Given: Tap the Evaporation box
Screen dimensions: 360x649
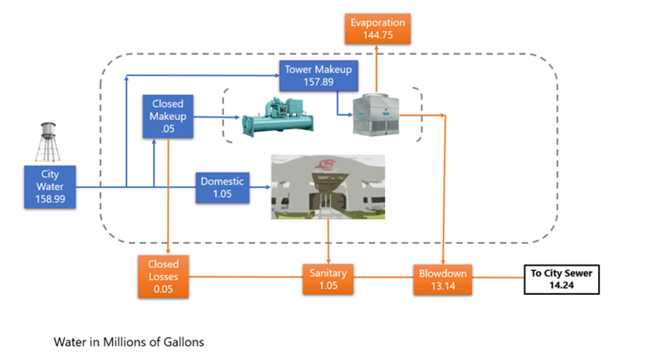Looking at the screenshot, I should coord(376,28).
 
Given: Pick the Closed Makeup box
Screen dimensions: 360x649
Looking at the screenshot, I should coord(168,117).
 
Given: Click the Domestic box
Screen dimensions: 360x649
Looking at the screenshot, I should coord(223,188).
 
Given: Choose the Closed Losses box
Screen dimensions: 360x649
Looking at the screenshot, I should coord(163,277).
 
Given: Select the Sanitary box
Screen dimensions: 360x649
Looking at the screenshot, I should coord(328,280).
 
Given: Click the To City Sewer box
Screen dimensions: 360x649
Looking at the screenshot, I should coord(563,280).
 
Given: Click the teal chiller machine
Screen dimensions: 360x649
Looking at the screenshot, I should coord(278,115).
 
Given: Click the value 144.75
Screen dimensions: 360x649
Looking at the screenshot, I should coord(376,35).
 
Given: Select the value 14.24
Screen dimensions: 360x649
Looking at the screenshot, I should coord(563,287).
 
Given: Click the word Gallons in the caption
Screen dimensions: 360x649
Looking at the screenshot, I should coord(183,343).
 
